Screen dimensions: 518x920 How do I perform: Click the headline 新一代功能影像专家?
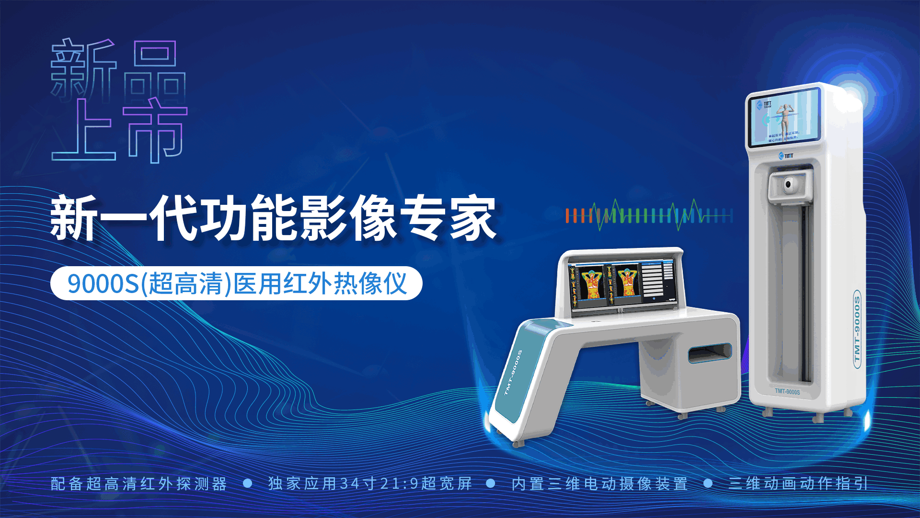[273, 218]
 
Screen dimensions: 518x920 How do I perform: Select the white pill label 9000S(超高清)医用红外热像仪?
[236, 283]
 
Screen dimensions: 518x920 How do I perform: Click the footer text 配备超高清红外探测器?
[139, 483]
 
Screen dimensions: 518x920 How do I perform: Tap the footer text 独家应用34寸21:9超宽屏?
[370, 483]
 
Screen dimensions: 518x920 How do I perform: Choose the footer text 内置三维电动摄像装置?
[599, 483]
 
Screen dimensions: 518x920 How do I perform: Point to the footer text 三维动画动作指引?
[798, 483]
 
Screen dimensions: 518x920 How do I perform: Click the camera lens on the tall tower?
[788, 185]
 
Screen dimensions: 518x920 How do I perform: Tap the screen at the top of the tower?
[784, 118]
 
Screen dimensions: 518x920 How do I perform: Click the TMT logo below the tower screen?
[786, 155]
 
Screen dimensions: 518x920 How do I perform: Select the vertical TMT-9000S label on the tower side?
[857, 329]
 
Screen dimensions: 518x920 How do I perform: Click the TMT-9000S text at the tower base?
[787, 392]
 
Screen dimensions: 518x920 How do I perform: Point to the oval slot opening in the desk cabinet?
[710, 353]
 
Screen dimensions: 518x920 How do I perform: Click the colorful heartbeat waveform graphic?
[649, 215]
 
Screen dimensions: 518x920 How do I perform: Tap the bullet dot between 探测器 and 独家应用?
[248, 483]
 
